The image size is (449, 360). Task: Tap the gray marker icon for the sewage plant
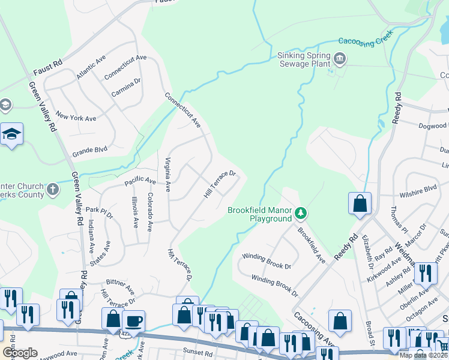pos(340,58)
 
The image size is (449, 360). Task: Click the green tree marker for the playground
pos(301,213)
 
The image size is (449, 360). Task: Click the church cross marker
pos(53,190)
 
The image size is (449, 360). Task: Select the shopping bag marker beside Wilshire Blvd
pos(360,203)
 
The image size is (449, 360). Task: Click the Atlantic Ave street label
pos(91,70)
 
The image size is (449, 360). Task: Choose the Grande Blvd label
pos(89,152)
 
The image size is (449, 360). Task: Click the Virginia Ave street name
pos(167,174)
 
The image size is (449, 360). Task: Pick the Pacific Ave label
pos(140,181)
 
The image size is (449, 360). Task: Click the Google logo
pos(19,353)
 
